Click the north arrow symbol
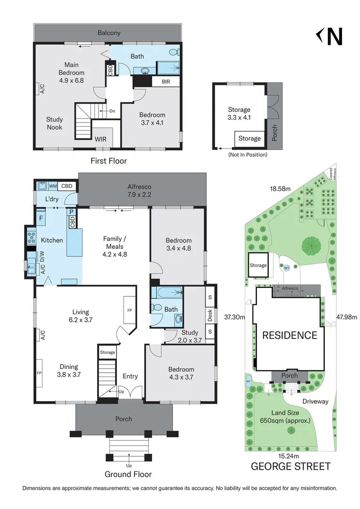coord(329,37)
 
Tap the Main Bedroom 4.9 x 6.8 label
coord(71,73)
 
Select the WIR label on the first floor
coord(100,139)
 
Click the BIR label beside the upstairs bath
coord(165,82)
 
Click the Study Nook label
coord(54,123)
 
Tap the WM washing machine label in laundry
coord(53,186)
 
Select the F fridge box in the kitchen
coord(41,219)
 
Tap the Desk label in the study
coord(210,314)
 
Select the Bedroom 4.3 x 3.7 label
coord(181,373)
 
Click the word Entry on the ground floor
coord(130,376)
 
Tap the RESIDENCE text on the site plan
coord(289,336)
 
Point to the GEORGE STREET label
coord(290,467)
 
